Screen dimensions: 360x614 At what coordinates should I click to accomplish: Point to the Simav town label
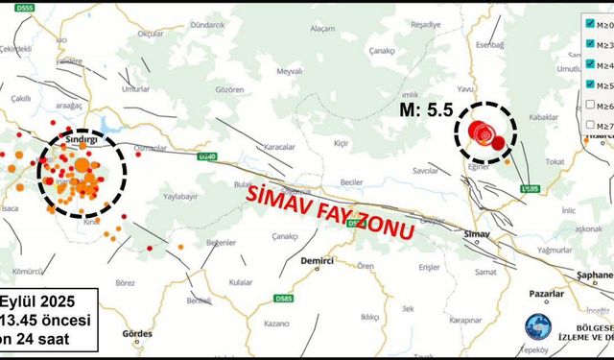coord(477,233)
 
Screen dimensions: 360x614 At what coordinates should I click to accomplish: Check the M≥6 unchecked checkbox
coord(592,105)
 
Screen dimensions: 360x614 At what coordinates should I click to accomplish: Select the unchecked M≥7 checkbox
coord(592,125)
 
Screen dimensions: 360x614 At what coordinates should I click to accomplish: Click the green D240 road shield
coord(204,156)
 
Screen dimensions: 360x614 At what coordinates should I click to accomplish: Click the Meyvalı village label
coord(289,71)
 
